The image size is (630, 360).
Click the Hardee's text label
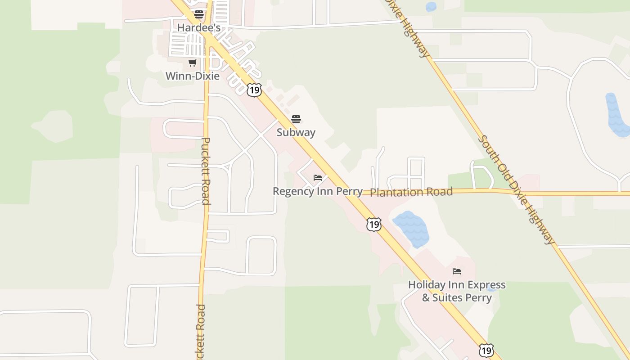click(x=198, y=27)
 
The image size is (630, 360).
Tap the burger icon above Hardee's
click(x=199, y=14)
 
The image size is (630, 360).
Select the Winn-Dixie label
click(x=193, y=76)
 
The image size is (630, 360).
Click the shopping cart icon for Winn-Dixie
click(x=193, y=63)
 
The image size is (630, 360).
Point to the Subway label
click(x=296, y=132)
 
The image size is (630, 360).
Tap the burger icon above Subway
click(x=296, y=119)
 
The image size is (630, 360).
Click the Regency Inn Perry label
click(x=317, y=191)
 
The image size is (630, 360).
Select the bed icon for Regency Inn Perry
click(x=318, y=178)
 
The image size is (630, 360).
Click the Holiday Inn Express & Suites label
click(x=457, y=291)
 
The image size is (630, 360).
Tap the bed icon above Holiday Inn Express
click(x=457, y=271)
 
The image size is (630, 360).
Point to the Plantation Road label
click(x=411, y=192)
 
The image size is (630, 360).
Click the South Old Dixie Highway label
click(x=517, y=189)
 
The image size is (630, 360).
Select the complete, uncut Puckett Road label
click(x=206, y=171)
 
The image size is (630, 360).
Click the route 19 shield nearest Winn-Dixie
click(x=254, y=90)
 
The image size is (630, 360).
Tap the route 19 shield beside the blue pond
click(x=374, y=224)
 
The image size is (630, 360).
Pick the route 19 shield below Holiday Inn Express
click(x=486, y=350)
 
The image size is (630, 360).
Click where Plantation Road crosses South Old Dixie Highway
click(x=513, y=193)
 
